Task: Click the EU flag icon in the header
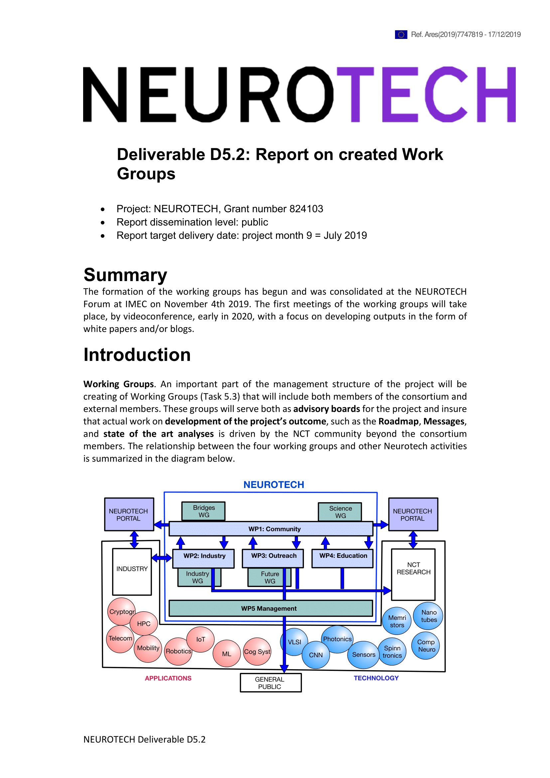click(401, 35)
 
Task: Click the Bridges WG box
click(204, 511)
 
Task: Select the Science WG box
click(340, 512)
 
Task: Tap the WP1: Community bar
click(271, 529)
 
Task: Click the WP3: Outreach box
click(273, 558)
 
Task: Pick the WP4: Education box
click(343, 558)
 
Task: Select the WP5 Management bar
click(271, 608)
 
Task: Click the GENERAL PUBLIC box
click(271, 683)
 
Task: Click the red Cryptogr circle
click(121, 612)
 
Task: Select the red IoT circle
click(201, 639)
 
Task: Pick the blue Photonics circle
click(337, 639)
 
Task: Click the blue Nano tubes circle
click(428, 616)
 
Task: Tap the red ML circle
click(226, 654)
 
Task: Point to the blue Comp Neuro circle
click(426, 646)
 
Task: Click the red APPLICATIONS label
click(168, 678)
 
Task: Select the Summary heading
click(125, 274)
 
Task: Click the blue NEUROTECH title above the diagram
click(274, 485)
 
